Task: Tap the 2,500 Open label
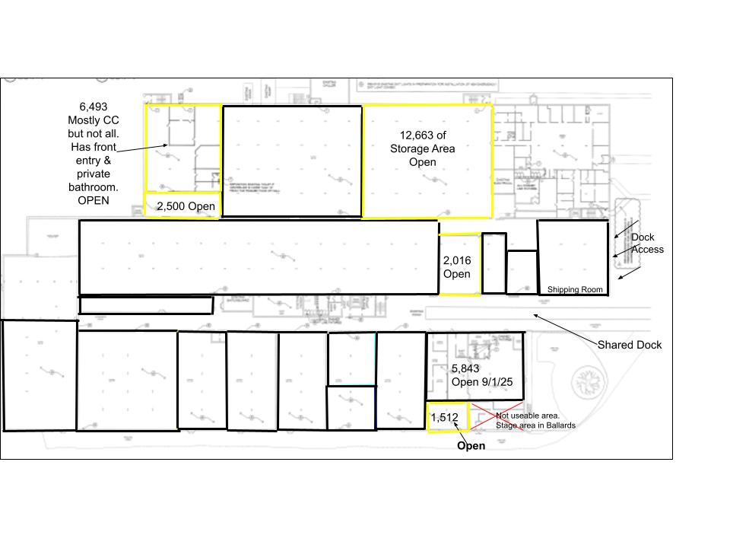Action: click(186, 206)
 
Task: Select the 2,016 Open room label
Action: click(456, 267)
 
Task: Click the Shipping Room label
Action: click(575, 290)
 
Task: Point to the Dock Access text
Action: click(647, 244)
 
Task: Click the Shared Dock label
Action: click(629, 345)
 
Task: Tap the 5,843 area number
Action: click(465, 368)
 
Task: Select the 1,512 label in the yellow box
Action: click(444, 418)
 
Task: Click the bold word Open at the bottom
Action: click(471, 446)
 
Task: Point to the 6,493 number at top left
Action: click(93, 107)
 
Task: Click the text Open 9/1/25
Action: click(482, 382)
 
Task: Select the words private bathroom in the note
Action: click(94, 180)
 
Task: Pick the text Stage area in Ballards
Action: click(535, 425)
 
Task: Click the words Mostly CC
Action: click(94, 120)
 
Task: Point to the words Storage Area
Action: click(422, 148)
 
